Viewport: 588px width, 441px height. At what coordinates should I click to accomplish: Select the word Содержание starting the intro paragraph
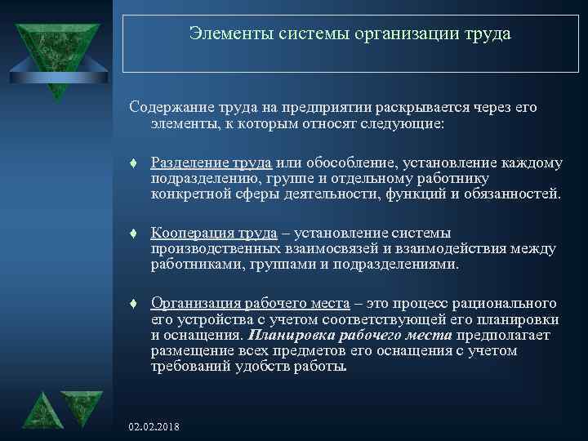click(169, 109)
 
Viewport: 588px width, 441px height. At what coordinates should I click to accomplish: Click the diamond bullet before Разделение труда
click(132, 163)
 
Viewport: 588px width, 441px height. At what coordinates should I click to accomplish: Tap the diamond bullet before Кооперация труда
click(132, 234)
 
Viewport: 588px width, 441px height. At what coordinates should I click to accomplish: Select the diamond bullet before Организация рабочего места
click(132, 305)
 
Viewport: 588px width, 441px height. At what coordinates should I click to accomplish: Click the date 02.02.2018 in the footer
click(154, 427)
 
